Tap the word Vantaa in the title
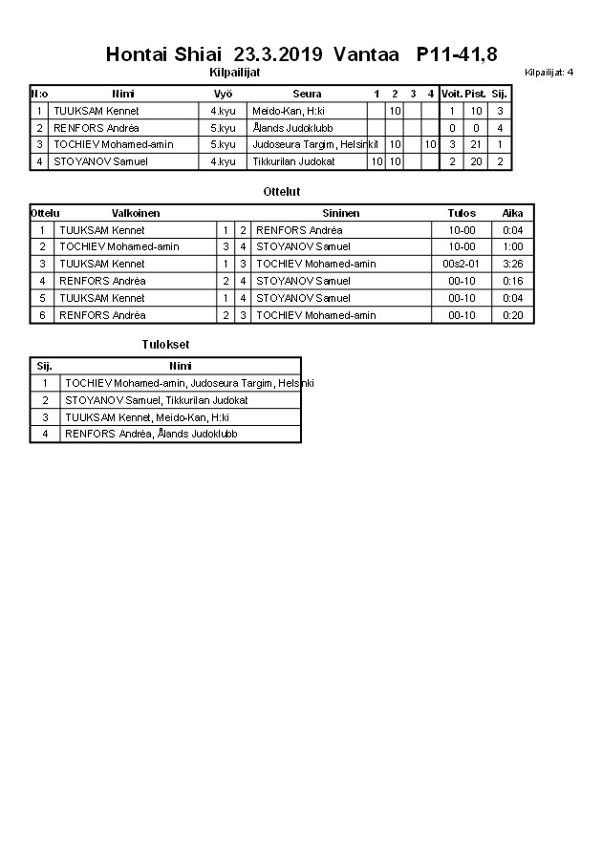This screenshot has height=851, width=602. pos(366,53)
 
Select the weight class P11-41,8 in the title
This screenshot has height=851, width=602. pos(457,53)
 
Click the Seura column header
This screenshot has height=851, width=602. pos(307,94)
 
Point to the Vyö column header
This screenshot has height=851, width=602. pos(224,94)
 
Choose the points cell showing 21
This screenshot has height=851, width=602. pos(476,145)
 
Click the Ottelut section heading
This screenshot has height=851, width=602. pos(282,192)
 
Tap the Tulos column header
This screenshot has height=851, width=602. pos(462,213)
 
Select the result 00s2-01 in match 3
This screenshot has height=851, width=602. pos(462,264)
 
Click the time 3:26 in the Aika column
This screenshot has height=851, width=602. pos(513,264)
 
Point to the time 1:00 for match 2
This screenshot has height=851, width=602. pos(513,246)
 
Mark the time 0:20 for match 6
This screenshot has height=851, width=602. pos(513,315)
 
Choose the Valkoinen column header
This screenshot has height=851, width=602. pos(136,213)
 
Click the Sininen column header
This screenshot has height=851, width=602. pos(341,213)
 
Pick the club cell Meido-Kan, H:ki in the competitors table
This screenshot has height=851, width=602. pos(289,111)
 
